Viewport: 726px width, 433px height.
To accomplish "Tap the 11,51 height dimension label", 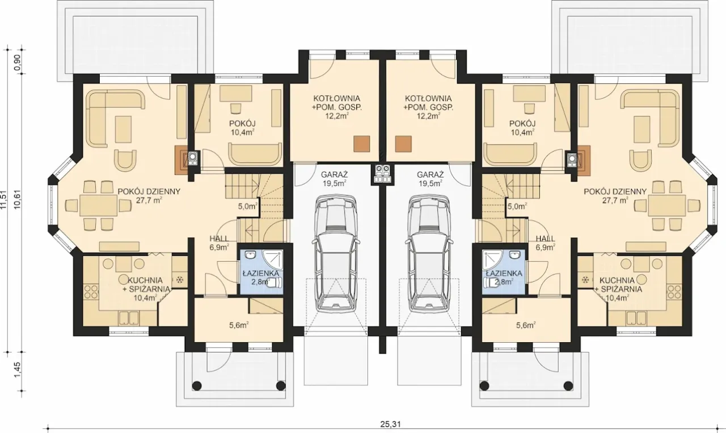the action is point(3,200).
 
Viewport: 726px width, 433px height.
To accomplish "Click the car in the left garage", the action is point(336,253).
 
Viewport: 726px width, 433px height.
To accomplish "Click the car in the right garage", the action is point(429,253).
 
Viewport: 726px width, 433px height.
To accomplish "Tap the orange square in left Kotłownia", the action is point(362,144).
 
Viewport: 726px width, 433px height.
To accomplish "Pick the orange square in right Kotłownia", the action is point(403,144).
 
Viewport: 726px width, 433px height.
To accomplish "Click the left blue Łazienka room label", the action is point(261,278).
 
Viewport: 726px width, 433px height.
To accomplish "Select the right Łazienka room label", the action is point(504,278).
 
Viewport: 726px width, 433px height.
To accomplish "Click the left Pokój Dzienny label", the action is point(149,196).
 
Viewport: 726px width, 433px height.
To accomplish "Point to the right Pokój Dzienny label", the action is point(615,196).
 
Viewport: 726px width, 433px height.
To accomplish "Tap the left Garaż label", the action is point(334,179).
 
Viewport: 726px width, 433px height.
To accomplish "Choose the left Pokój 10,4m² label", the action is point(242,128).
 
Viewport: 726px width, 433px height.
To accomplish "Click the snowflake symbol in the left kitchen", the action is point(180,280).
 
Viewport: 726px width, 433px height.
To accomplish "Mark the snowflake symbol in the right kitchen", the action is point(585,280).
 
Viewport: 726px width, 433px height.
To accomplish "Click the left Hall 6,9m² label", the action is point(220,243).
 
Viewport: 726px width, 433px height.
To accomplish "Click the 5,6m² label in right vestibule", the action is point(526,325).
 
